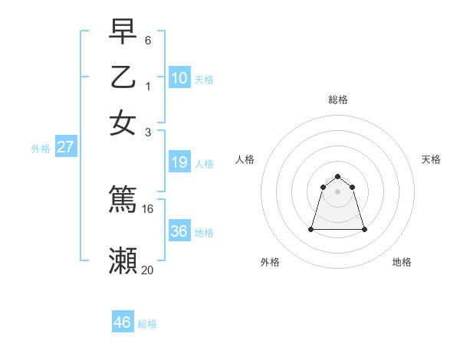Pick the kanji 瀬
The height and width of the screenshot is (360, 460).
pyautogui.click(x=123, y=261)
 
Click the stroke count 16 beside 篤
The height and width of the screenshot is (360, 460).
pyautogui.click(x=148, y=208)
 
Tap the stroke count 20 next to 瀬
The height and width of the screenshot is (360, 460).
pyautogui.click(x=148, y=269)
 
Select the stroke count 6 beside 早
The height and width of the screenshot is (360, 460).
pyautogui.click(x=148, y=39)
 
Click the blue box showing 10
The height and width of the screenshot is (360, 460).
pyautogui.click(x=179, y=78)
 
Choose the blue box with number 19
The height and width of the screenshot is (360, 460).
pyautogui.click(x=179, y=162)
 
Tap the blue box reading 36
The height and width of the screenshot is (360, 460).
pyautogui.click(x=179, y=231)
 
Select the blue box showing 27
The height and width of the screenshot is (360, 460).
pyautogui.click(x=65, y=147)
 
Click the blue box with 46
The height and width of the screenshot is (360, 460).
pyautogui.click(x=122, y=322)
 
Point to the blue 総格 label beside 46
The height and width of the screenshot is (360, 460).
pyautogui.click(x=147, y=324)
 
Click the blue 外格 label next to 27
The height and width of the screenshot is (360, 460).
pyautogui.click(x=41, y=149)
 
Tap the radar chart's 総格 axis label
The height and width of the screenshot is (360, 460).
pyautogui.click(x=338, y=100)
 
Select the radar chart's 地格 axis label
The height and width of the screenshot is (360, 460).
pyautogui.click(x=402, y=262)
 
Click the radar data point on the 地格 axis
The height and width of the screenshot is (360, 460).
pyautogui.click(x=364, y=229)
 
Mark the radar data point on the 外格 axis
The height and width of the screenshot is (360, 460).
pyautogui.click(x=311, y=229)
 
